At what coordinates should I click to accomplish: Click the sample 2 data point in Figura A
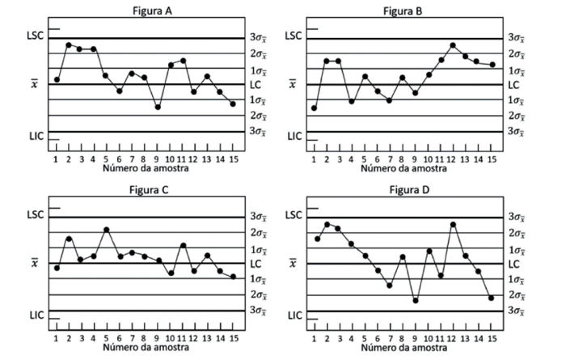pyautogui.click(x=69, y=44)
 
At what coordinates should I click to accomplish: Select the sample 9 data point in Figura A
pyautogui.click(x=158, y=107)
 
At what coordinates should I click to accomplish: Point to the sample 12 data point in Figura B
pyautogui.click(x=453, y=45)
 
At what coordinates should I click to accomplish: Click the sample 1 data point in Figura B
pyautogui.click(x=314, y=108)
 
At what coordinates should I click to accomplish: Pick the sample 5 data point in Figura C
pyautogui.click(x=107, y=230)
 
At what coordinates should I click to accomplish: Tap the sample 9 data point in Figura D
pyautogui.click(x=415, y=300)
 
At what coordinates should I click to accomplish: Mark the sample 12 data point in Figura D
pyautogui.click(x=453, y=224)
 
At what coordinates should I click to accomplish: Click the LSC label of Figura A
pyautogui.click(x=36, y=36)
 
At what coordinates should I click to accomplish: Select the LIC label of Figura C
pyautogui.click(x=36, y=314)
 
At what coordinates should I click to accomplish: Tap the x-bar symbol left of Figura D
pyautogui.click(x=293, y=263)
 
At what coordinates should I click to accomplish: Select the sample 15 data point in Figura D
pyautogui.click(x=491, y=298)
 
